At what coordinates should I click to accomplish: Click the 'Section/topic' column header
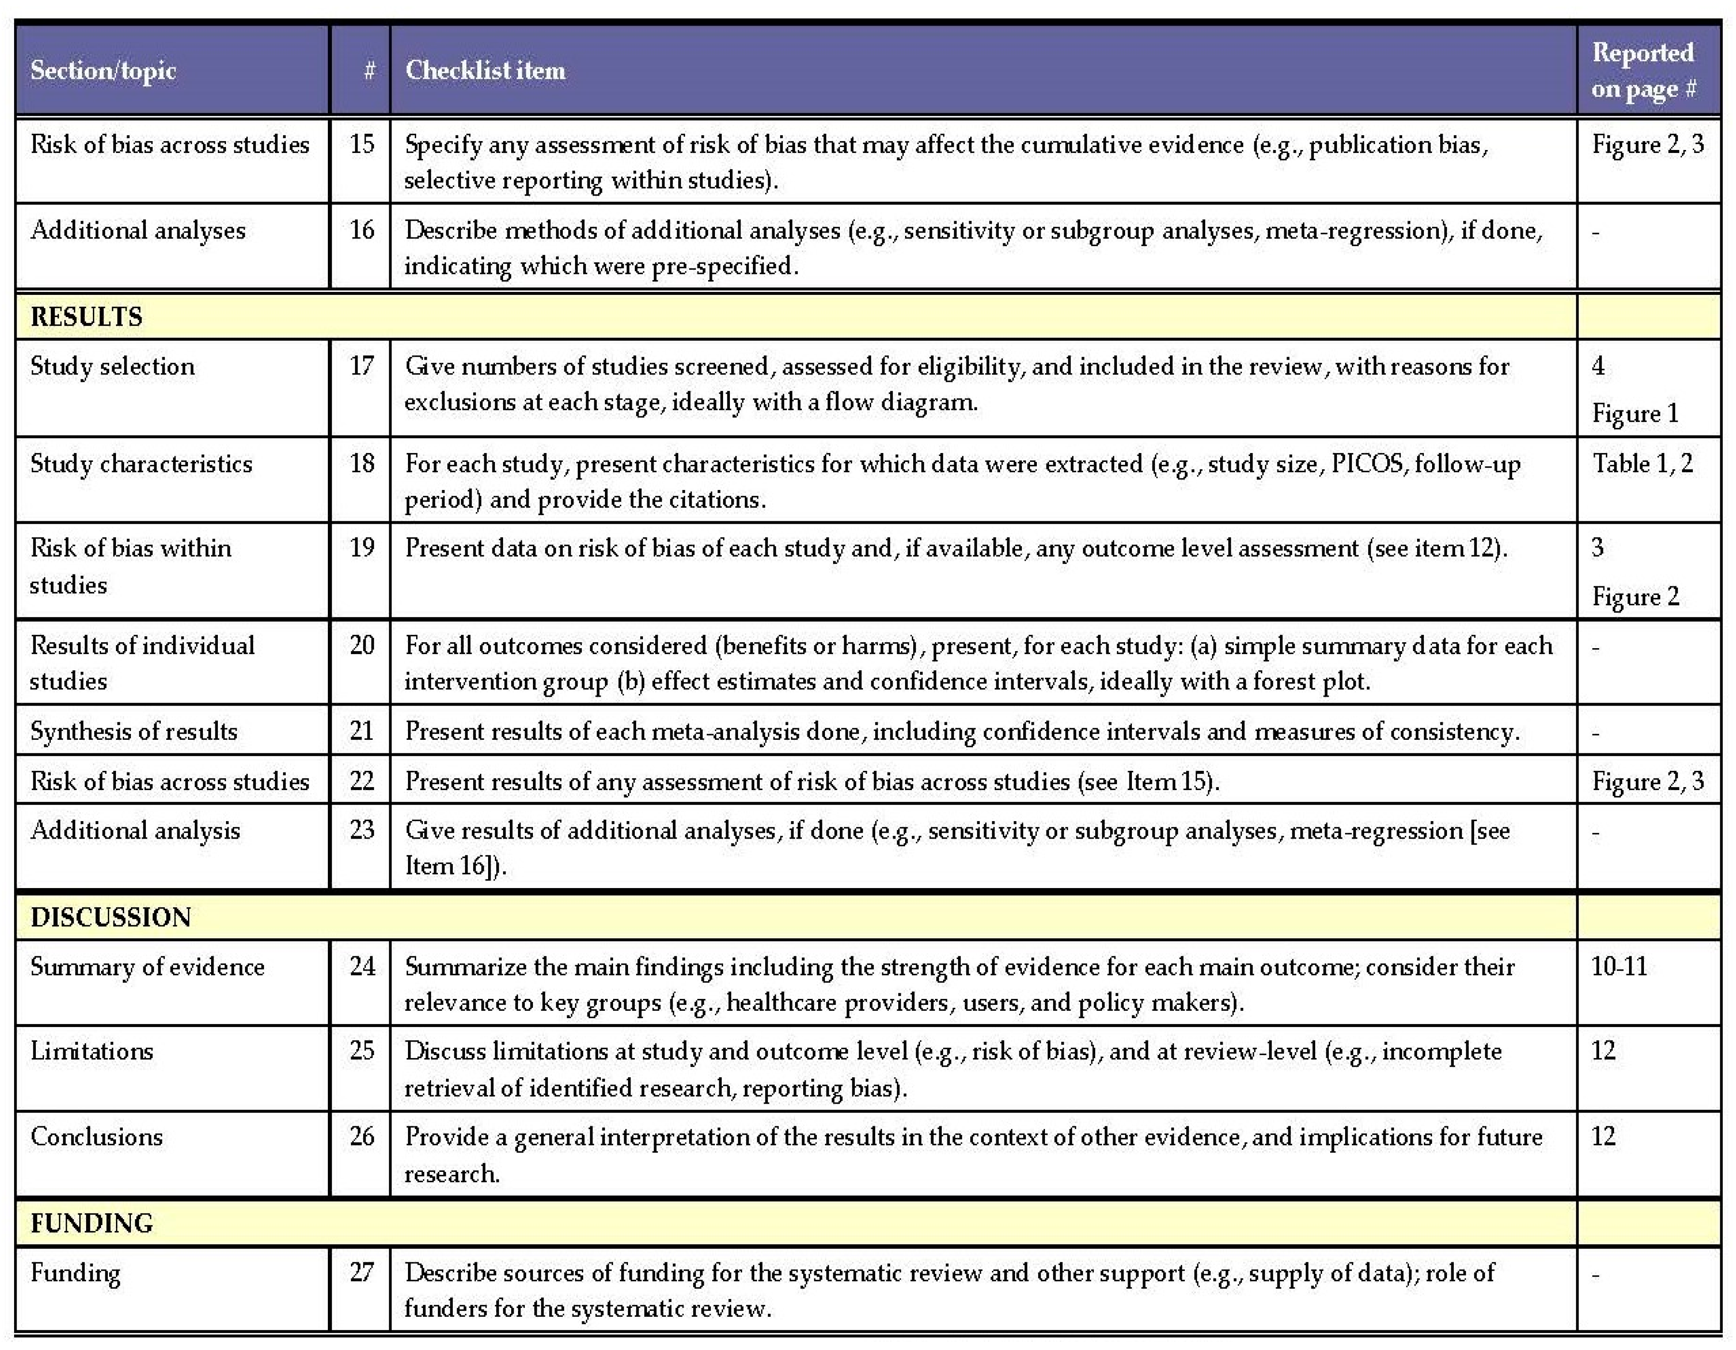[x=103, y=71]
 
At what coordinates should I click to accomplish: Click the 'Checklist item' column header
[x=485, y=71]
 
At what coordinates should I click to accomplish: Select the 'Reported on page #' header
[x=1643, y=71]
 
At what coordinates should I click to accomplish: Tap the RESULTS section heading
[x=86, y=317]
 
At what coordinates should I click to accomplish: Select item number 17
[x=362, y=366]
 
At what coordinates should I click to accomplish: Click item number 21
[x=362, y=731]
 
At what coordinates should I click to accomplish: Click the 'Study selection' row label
[x=112, y=366]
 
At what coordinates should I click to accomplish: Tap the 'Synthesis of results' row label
[x=133, y=731]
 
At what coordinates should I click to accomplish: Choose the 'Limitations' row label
[x=91, y=1051]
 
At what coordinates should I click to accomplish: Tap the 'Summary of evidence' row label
[x=147, y=967]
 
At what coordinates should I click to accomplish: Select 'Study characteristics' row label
[x=141, y=464]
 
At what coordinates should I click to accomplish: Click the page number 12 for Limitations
[x=1603, y=1051]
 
